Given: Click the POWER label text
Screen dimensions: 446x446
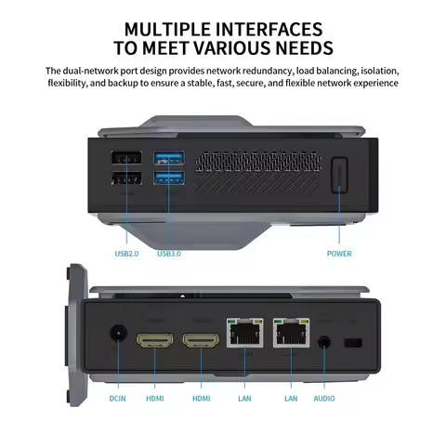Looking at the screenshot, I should pyautogui.click(x=339, y=253).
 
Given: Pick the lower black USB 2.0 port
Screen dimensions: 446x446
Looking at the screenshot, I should pyautogui.click(x=125, y=179).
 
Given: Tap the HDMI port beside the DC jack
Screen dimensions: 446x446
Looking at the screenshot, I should pyautogui.click(x=153, y=340).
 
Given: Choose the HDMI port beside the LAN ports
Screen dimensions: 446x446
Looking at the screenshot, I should pyautogui.click(x=201, y=340).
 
